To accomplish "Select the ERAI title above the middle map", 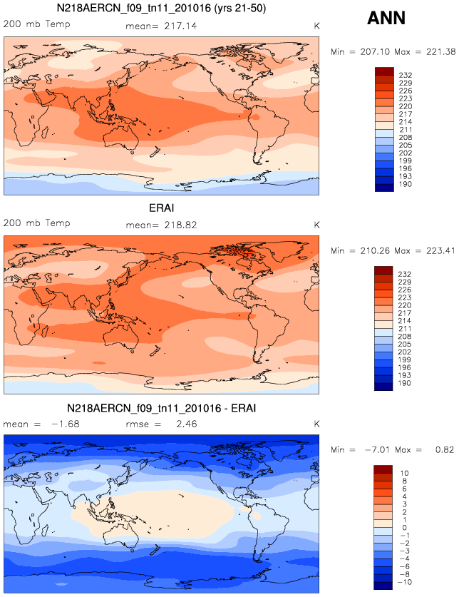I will [161, 208].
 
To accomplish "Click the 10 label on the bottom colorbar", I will [403, 473].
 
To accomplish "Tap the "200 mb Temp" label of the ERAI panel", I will [37, 224].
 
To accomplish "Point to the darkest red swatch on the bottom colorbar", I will [383, 469].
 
